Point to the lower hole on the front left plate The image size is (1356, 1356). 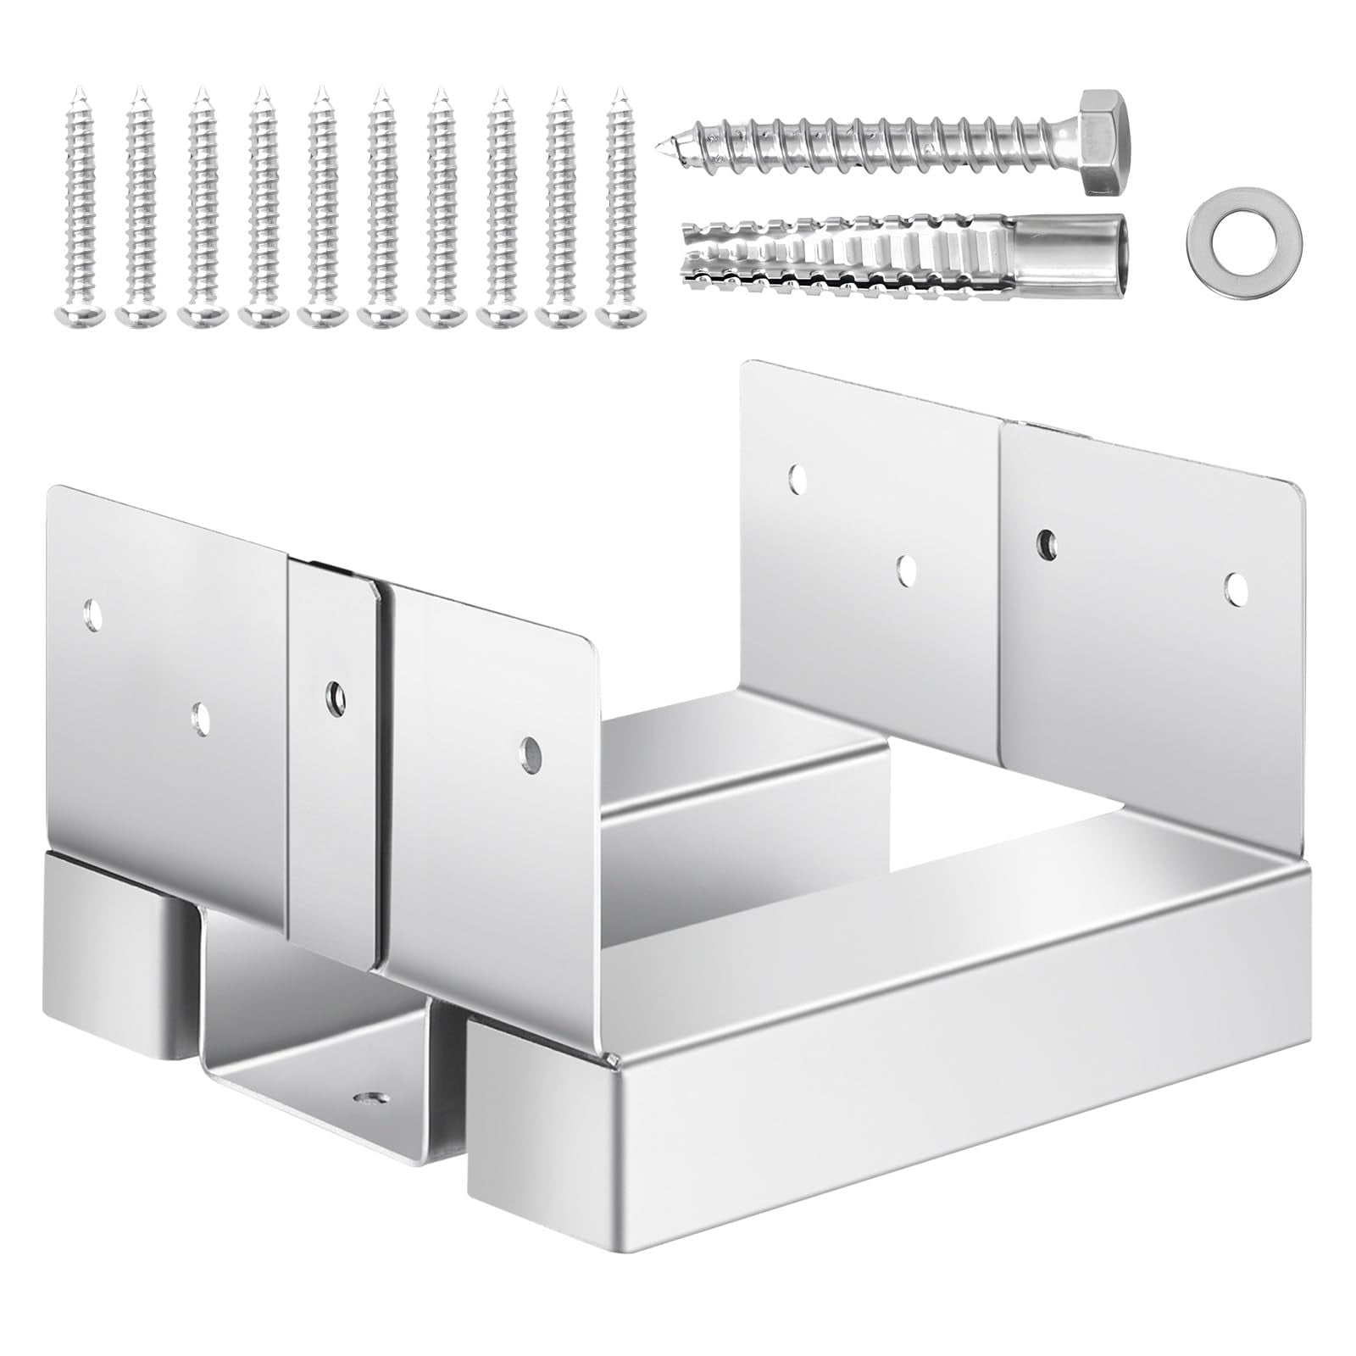(x=200, y=717)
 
